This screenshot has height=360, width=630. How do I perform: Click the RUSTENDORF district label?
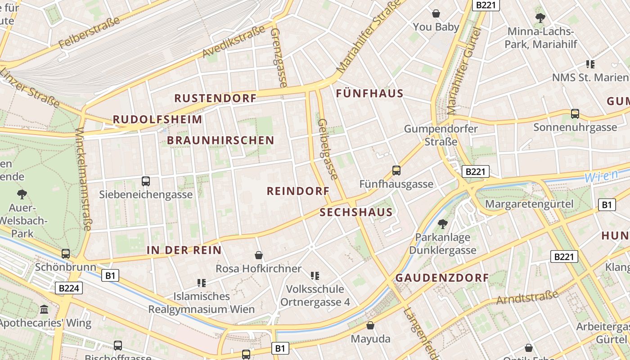(215, 98)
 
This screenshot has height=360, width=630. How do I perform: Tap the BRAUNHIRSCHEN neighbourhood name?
(220, 140)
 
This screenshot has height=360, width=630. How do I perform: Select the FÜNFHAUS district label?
(370, 94)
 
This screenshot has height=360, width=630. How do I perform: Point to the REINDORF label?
(298, 191)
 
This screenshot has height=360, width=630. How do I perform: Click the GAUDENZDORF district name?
(442, 278)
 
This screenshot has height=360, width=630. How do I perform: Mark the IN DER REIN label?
(184, 250)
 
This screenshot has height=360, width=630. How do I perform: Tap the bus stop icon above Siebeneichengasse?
(146, 181)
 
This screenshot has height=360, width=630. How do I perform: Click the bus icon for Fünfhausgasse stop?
(396, 171)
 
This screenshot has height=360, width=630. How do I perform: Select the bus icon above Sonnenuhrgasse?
(575, 114)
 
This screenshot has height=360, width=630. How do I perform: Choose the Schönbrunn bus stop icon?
(66, 254)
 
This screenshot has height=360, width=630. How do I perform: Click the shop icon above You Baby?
(436, 13)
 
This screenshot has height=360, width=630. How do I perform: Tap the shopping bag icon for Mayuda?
(370, 325)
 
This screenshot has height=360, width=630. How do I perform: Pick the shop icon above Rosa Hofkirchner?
(259, 255)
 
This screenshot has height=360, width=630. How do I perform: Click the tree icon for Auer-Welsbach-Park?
(22, 194)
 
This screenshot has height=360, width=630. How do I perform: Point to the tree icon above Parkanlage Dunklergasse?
(443, 224)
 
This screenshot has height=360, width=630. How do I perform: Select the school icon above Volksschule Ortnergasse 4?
(315, 275)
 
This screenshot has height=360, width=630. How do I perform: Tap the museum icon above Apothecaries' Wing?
(44, 309)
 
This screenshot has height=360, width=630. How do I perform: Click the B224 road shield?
(69, 288)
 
